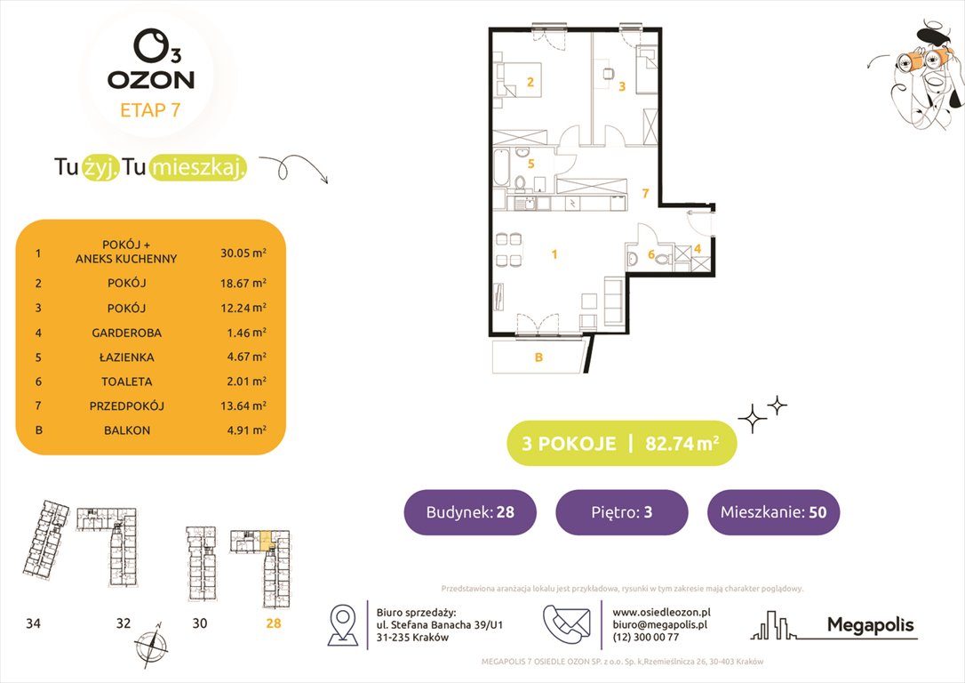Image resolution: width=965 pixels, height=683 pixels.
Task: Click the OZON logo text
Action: [x=150, y=79]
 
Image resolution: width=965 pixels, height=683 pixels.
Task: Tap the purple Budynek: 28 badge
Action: [x=469, y=512]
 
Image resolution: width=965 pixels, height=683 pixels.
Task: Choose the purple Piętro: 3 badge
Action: [x=621, y=512]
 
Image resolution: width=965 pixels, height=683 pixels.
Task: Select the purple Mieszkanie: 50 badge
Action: [x=773, y=512]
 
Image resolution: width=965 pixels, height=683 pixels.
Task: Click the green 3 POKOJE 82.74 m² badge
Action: [x=621, y=443]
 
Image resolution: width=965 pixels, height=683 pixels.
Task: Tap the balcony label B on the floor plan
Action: [x=538, y=358]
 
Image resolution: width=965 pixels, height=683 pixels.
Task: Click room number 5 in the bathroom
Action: [x=530, y=164]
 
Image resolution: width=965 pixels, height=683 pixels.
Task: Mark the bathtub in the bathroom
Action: [x=501, y=169]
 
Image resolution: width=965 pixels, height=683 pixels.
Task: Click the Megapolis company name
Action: [x=870, y=625]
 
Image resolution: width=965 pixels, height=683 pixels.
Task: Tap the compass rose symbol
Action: [x=148, y=644]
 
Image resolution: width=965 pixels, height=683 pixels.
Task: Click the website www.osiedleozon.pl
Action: [x=661, y=612]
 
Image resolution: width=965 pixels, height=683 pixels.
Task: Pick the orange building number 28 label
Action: [x=273, y=623]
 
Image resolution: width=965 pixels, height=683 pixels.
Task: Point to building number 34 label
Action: [x=34, y=623]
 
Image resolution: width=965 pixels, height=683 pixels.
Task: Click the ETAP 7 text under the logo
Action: [x=151, y=111]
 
